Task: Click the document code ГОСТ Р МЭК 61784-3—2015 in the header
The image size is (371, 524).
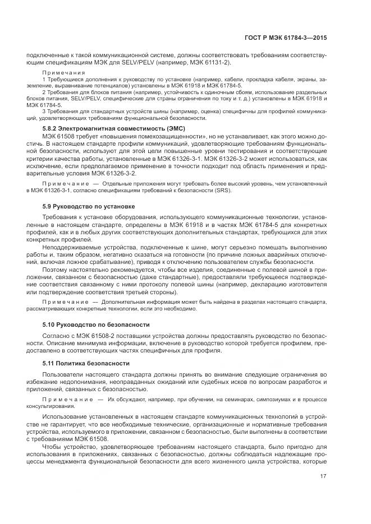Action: (286, 38)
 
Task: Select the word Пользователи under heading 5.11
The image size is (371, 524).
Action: (62, 374)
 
